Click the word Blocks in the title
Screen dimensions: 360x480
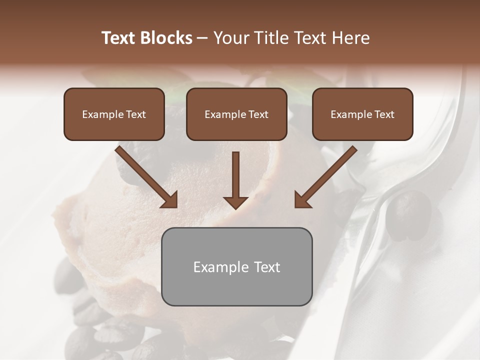166,38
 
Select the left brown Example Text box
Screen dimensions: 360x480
114,114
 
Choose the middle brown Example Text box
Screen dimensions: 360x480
236,114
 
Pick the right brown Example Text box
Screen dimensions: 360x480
362,114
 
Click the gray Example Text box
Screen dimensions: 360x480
236,266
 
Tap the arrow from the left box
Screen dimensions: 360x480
145,176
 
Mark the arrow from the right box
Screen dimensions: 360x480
326,176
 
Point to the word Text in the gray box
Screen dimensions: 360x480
266,267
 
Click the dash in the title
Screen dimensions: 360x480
202,38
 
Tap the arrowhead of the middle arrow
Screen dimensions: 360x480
235,202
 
